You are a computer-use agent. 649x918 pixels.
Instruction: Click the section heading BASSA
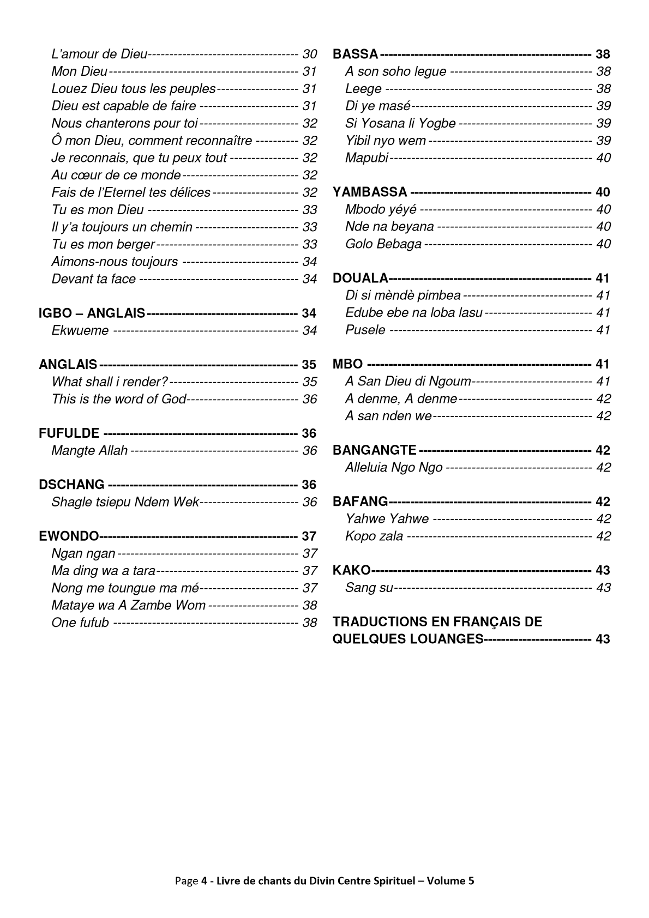[355, 54]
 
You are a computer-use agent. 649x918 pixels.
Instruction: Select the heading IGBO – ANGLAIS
[92, 313]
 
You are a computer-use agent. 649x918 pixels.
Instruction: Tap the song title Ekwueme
[80, 330]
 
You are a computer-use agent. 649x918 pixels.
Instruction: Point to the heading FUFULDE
[69, 433]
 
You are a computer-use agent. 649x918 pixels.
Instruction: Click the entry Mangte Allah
[89, 451]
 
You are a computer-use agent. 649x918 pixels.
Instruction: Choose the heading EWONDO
[69, 536]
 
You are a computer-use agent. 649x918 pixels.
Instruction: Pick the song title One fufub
[80, 623]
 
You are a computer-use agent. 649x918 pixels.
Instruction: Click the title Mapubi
[366, 158]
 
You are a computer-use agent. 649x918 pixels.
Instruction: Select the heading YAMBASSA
[370, 192]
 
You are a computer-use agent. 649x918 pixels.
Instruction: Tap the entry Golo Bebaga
[383, 244]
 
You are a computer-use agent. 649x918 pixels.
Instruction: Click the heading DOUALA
[360, 279]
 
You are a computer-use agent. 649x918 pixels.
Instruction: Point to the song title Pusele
[365, 330]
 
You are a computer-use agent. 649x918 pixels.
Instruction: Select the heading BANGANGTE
[375, 450]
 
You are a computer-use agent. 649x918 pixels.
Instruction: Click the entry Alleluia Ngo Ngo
[394, 468]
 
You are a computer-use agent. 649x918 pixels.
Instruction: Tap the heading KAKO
[351, 571]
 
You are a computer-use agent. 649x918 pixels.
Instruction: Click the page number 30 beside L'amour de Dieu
[310, 54]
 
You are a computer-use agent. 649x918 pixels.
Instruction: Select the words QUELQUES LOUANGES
[408, 639]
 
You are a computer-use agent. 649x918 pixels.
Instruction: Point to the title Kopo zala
[374, 536]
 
